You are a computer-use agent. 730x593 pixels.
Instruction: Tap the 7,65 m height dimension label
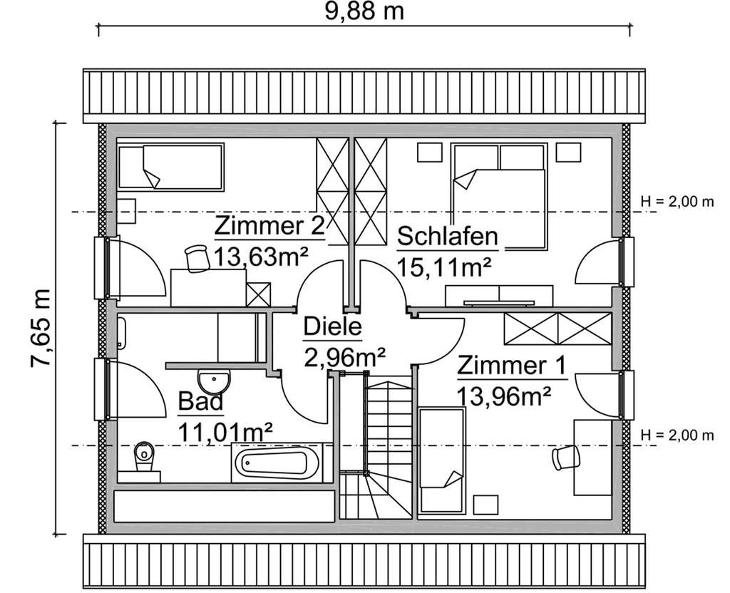click(41, 328)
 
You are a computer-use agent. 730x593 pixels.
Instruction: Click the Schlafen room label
click(447, 235)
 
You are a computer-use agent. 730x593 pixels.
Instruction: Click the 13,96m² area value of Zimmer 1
click(505, 394)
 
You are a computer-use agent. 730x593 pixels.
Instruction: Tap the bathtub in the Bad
click(276, 463)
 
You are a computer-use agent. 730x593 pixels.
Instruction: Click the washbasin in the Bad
click(213, 378)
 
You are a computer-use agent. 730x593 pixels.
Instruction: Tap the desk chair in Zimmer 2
click(195, 257)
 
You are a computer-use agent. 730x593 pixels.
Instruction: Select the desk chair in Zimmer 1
click(565, 457)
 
